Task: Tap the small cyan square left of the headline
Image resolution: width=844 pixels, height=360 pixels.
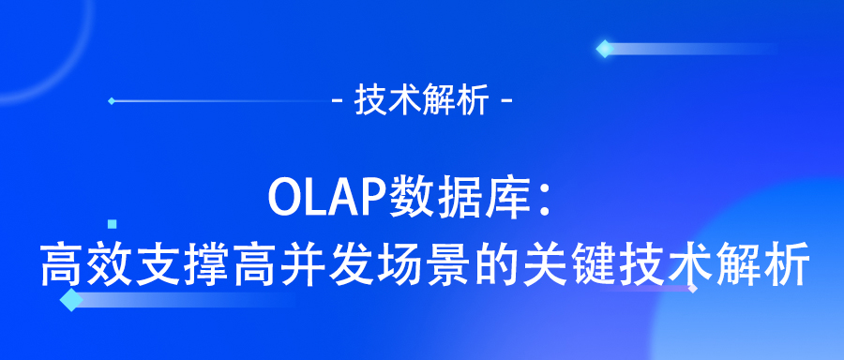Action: point(113,224)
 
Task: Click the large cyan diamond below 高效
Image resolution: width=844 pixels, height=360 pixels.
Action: point(70,300)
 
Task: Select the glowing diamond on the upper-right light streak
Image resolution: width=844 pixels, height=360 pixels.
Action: point(605,48)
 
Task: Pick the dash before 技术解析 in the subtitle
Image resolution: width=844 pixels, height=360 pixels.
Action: point(339,101)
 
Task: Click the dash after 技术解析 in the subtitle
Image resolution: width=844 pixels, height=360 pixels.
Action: point(507,101)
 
